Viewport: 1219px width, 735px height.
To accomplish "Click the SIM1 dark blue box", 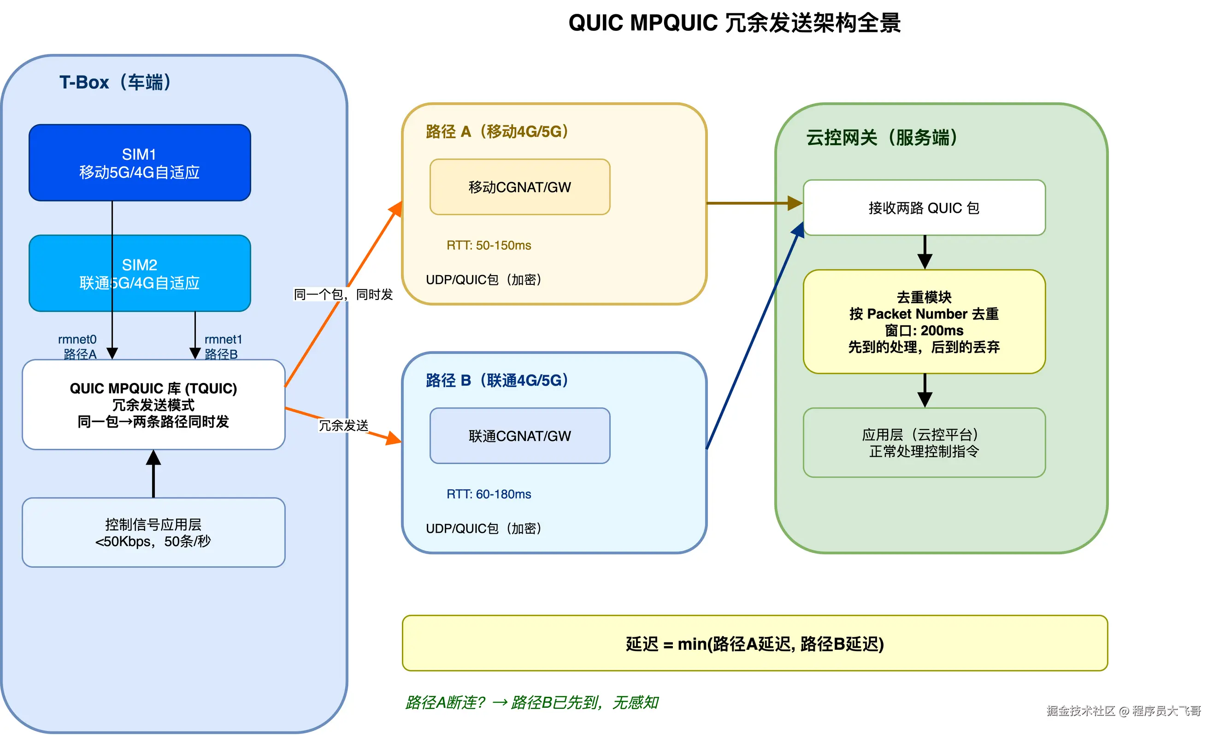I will [140, 163].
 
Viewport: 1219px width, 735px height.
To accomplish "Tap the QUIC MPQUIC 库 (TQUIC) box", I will [153, 405].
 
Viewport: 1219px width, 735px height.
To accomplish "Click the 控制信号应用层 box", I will [153, 533].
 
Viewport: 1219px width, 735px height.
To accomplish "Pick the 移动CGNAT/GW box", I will [520, 188].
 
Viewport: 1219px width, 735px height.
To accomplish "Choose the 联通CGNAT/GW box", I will [520, 436].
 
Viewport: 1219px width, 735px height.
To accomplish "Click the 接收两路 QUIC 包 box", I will [924, 208].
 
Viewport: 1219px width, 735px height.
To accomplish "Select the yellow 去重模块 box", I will [924, 322].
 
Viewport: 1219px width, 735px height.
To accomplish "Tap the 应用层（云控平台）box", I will [924, 443].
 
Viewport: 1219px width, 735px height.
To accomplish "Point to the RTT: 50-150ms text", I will [489, 246].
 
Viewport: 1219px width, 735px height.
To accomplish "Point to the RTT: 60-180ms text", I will [489, 494].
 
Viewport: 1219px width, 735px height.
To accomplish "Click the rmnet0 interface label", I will [77, 340].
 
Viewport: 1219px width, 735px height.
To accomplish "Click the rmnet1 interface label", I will [224, 340].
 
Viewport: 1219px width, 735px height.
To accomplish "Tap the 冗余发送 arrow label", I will [344, 426].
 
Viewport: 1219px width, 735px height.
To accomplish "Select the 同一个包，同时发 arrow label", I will [343, 295].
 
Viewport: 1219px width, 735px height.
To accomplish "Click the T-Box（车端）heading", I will [115, 82].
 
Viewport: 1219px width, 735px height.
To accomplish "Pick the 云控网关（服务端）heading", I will [882, 138].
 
